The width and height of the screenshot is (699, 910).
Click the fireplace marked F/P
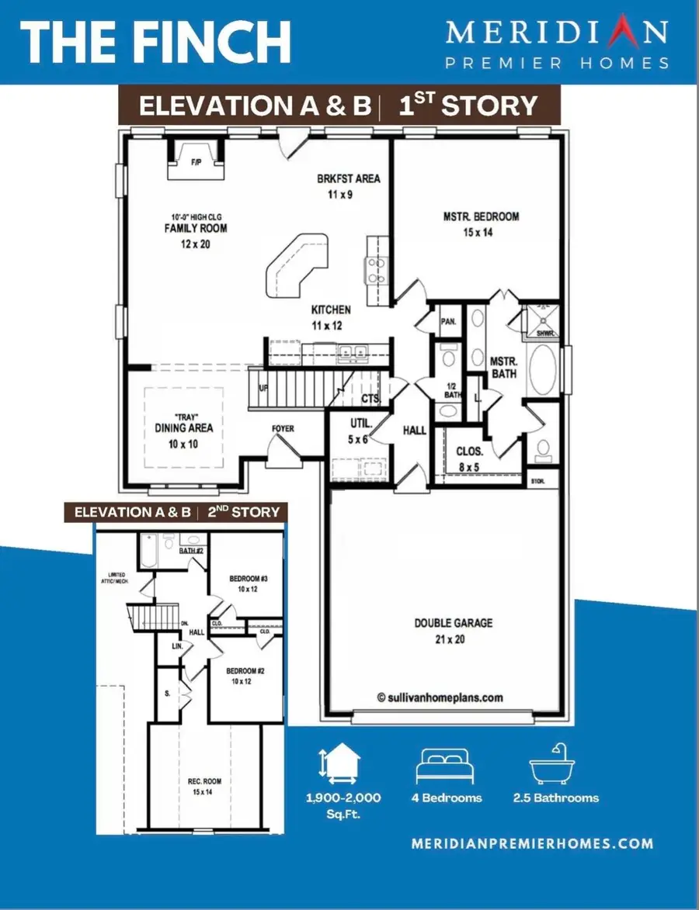196,161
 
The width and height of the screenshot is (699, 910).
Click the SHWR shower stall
541,324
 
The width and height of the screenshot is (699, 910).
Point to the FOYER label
282,428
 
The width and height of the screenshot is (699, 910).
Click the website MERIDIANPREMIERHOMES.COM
532,843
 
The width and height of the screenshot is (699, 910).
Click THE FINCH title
155,42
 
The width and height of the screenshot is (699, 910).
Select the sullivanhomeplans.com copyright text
440,697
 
